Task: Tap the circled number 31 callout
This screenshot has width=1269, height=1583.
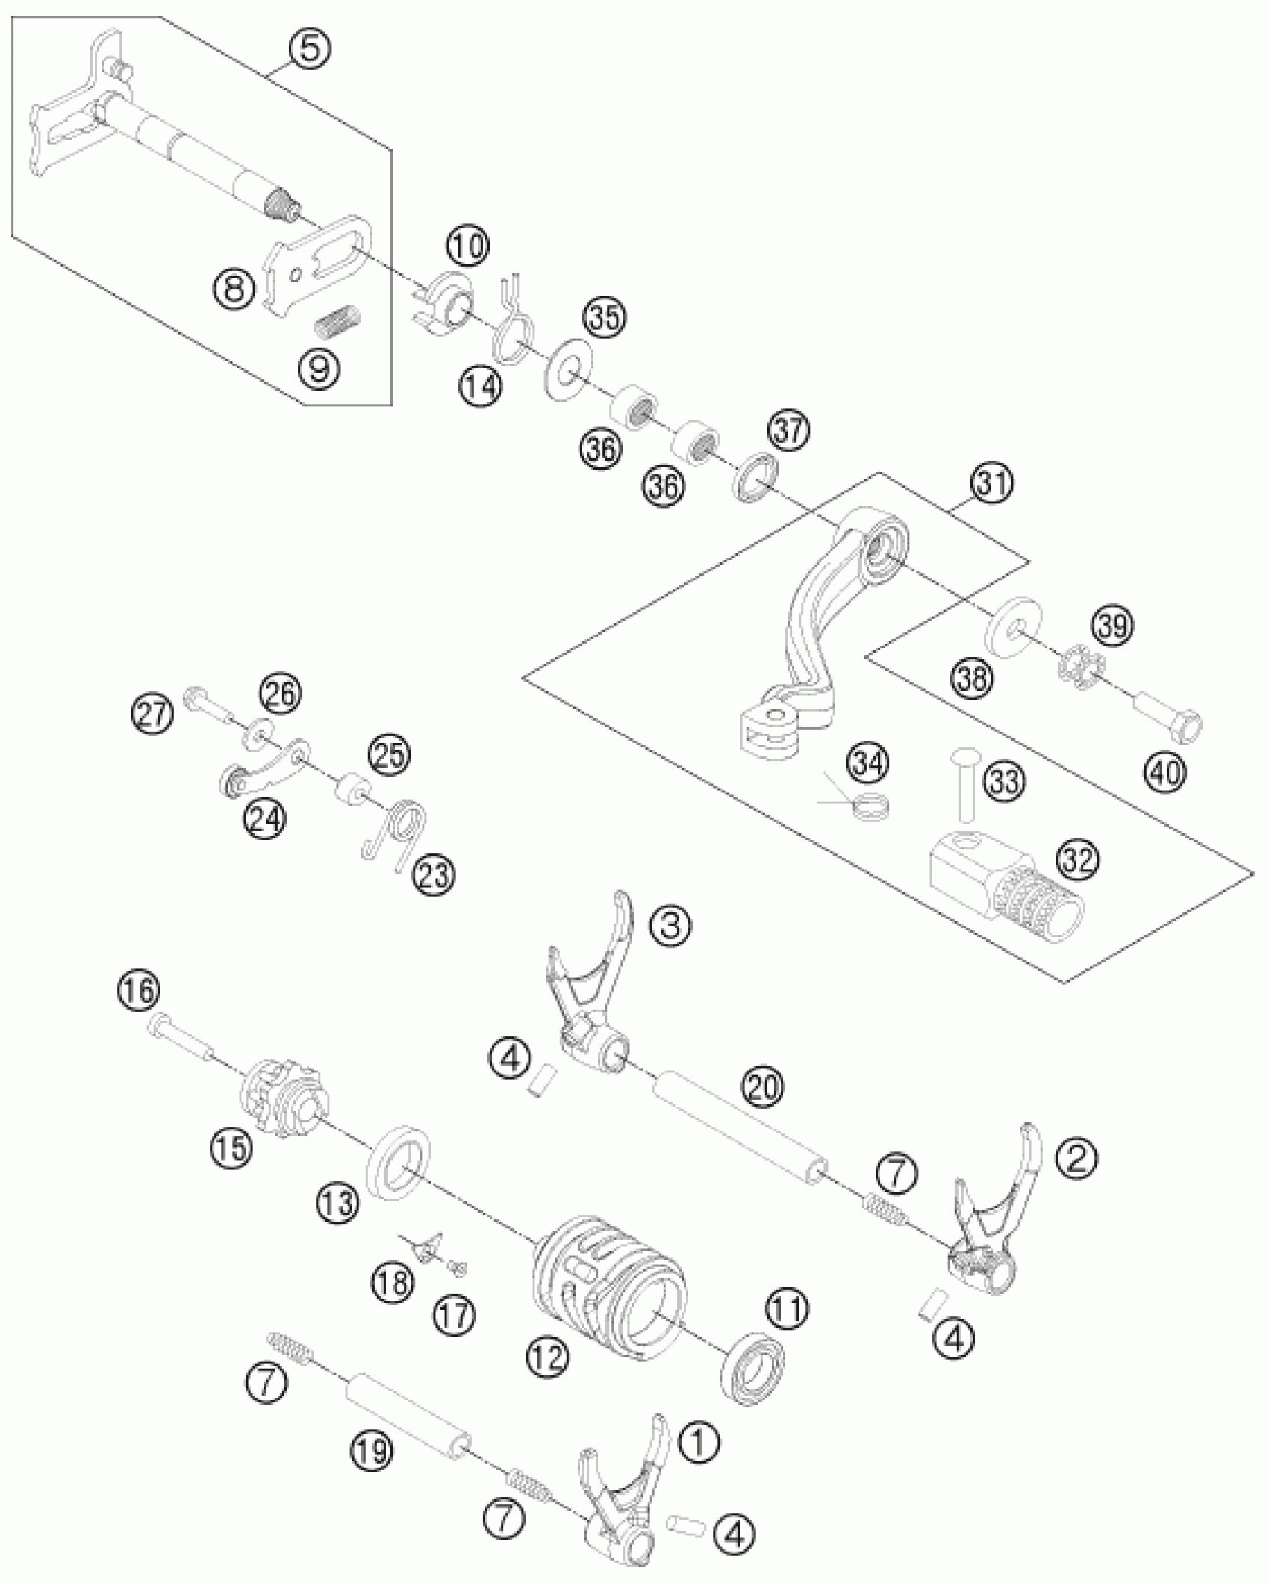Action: [x=992, y=484]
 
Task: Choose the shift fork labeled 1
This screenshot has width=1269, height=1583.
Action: [x=623, y=1508]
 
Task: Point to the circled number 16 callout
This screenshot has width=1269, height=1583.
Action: [x=139, y=990]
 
